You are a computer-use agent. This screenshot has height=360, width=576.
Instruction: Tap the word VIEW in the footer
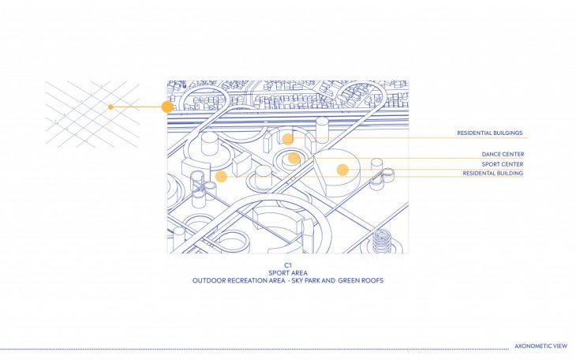coord(560,347)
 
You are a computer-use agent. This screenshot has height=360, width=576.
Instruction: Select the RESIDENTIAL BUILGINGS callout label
coord(490,133)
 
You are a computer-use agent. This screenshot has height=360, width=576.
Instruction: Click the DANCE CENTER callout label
coord(503,154)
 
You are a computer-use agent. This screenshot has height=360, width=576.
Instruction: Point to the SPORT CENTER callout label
coord(503,163)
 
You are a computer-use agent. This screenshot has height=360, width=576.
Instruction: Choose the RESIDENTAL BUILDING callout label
coord(492,173)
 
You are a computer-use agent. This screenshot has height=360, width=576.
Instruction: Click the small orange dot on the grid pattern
coord(110,107)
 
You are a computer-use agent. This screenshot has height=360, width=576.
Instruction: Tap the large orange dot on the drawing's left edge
coord(167,107)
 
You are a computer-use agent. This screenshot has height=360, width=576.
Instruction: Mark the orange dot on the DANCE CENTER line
coord(294,158)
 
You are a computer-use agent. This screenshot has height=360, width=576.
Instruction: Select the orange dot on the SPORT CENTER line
coord(342,169)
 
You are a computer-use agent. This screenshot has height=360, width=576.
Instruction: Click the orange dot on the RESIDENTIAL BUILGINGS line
coord(288,139)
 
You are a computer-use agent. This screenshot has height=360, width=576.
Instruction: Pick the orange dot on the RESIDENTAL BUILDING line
coord(221,176)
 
